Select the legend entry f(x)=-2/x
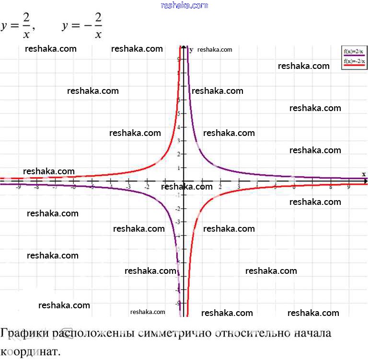pyautogui.click(x=353, y=61)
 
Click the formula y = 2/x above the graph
pyautogui.click(x=18, y=26)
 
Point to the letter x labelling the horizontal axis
pyautogui.click(x=364, y=174)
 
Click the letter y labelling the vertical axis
pyautogui.click(x=191, y=49)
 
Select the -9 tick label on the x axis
pyautogui.click(x=18, y=187)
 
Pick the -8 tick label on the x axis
pyautogui.click(x=36, y=187)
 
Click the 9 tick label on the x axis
pyautogui.click(x=348, y=187)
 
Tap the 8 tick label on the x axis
pyautogui.click(x=330, y=187)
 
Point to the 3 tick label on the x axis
pyautogui.click(x=239, y=187)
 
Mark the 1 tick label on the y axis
pyautogui.click(x=179, y=168)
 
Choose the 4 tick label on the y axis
pyautogui.click(x=179, y=127)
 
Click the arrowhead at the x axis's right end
pyautogui.click(x=365, y=181)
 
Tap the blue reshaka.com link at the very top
pyautogui.click(x=184, y=5)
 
